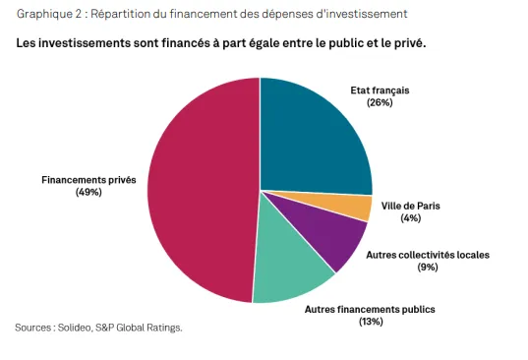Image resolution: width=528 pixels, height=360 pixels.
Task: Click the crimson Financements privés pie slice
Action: coord(202,187)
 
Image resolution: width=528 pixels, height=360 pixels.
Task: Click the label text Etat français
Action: coord(379,90)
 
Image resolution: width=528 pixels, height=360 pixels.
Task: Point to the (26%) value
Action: coord(379,102)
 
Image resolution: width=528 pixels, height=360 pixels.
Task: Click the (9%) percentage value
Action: coord(427,267)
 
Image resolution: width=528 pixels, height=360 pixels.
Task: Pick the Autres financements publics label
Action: coord(370,309)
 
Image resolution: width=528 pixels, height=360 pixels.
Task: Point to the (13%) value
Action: coord(370,321)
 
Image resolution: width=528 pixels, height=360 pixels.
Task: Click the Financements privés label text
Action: coord(88,180)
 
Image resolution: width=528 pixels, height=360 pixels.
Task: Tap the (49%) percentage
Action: coord(88,192)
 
